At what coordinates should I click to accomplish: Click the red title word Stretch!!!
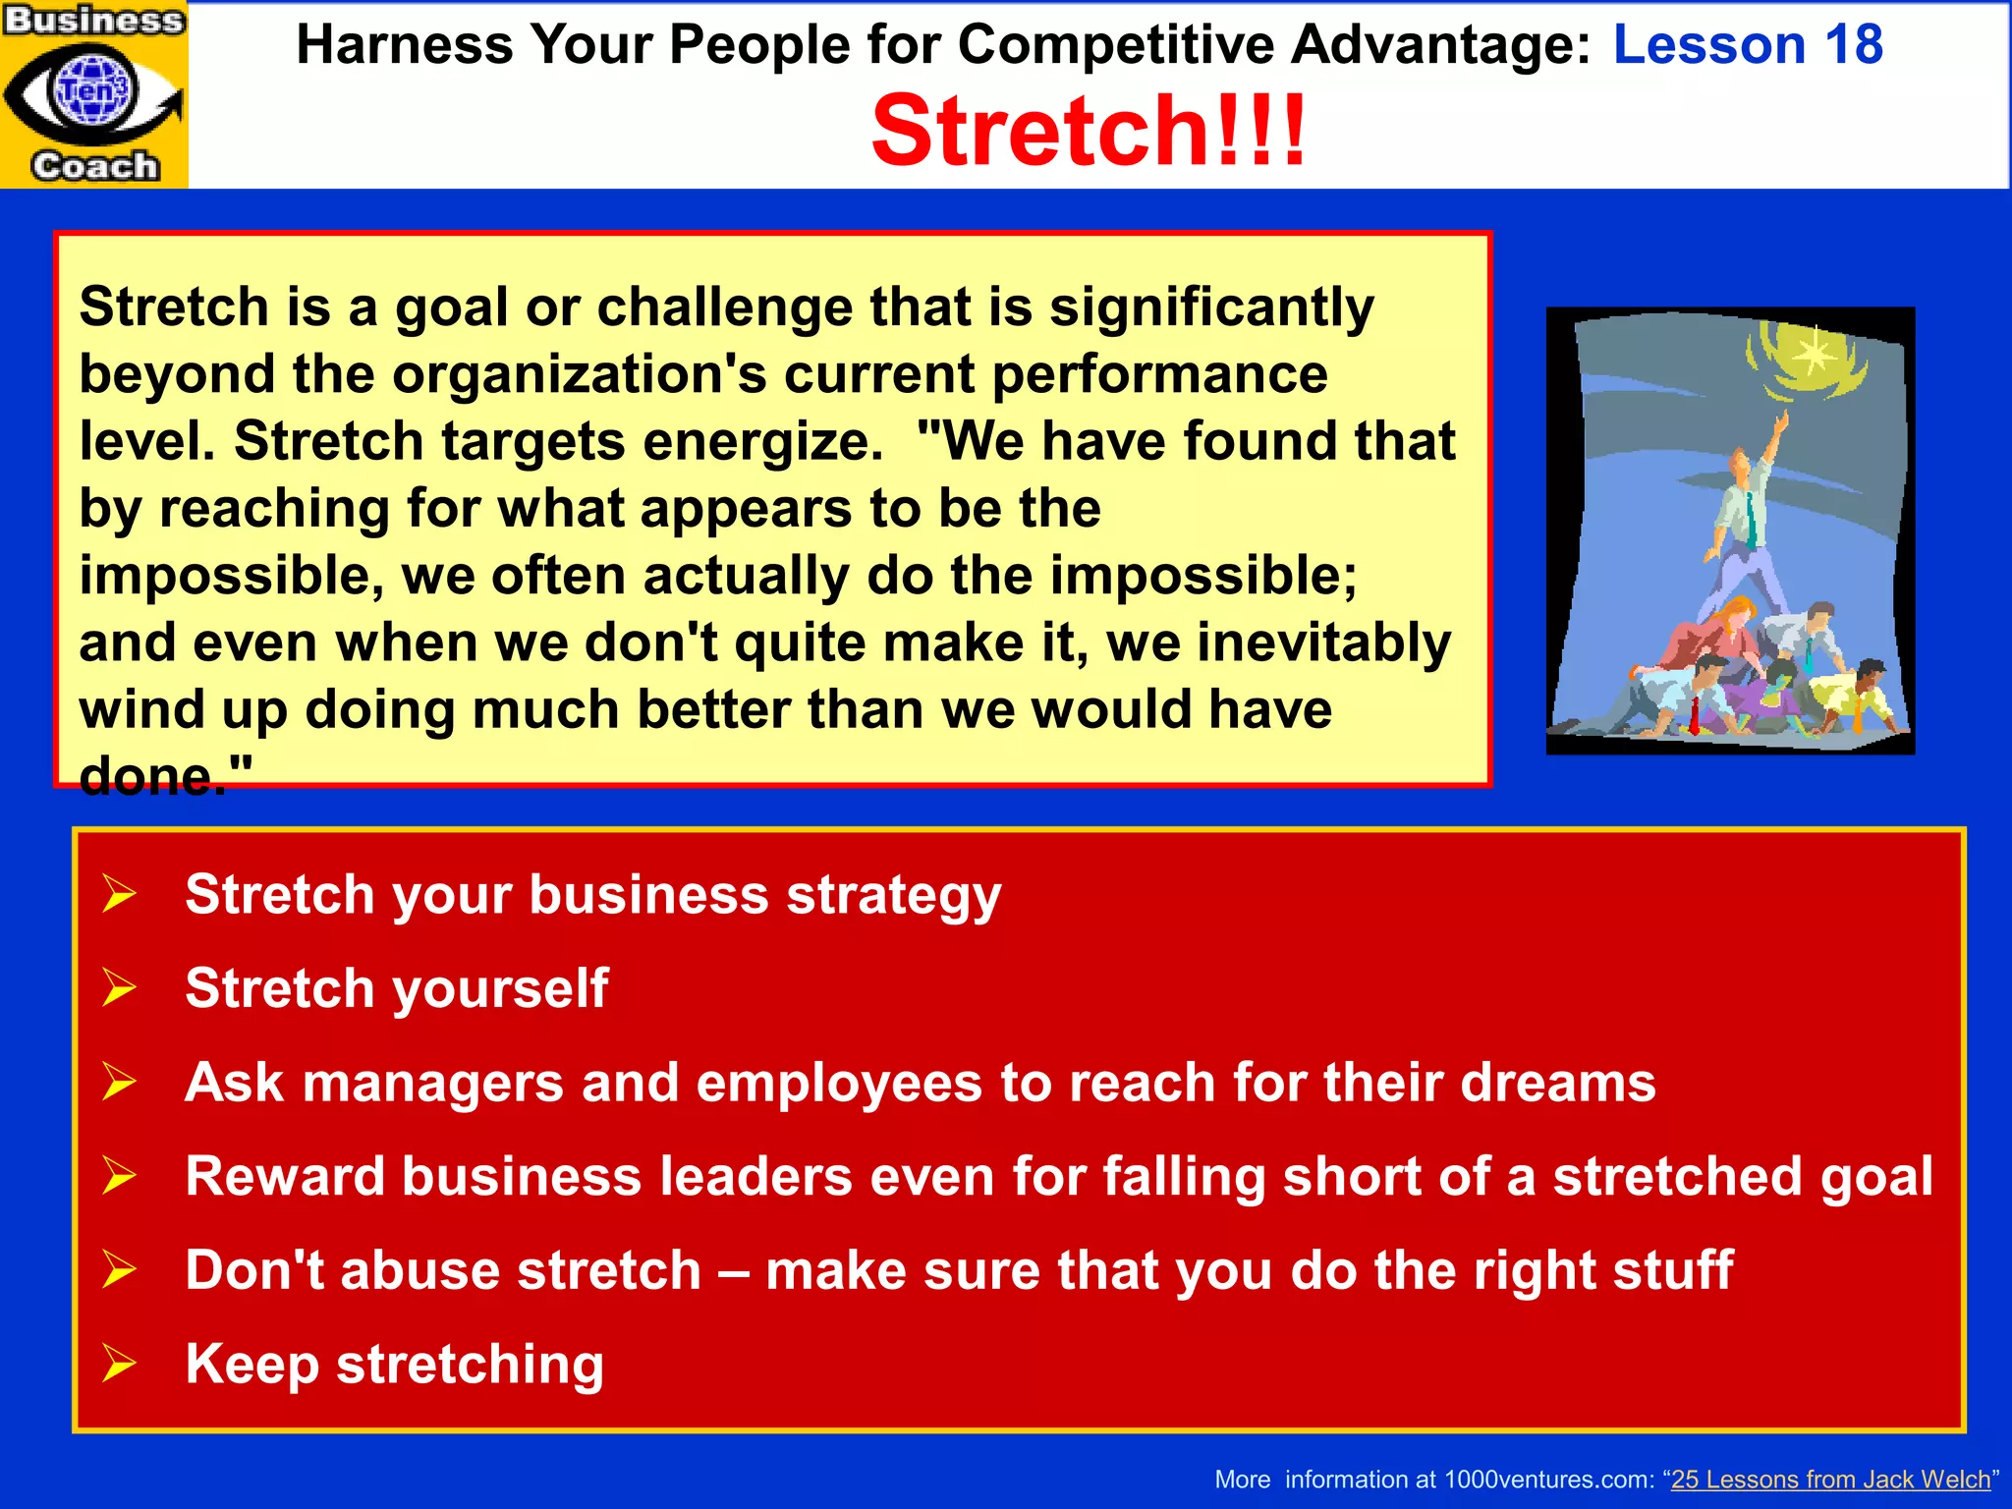click(x=1089, y=131)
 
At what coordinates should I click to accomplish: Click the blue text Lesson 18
click(x=1748, y=44)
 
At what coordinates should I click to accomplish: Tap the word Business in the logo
click(x=94, y=20)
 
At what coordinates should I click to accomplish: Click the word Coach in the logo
click(x=94, y=165)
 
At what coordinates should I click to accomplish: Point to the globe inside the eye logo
click(x=94, y=90)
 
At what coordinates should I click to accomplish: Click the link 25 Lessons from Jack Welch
click(x=1830, y=1479)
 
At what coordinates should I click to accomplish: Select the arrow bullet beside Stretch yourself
click(x=119, y=987)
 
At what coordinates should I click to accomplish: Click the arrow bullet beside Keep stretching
click(x=119, y=1364)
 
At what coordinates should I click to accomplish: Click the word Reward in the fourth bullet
click(x=284, y=1176)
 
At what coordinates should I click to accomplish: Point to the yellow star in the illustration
click(x=1813, y=352)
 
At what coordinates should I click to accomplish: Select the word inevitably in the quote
click(x=1323, y=643)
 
